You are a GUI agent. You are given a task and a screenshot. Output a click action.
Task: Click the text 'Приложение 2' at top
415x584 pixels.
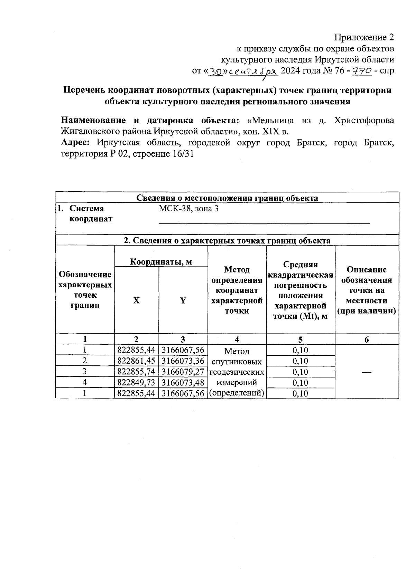click(x=364, y=37)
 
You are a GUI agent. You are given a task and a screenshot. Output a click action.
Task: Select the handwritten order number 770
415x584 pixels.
click(x=361, y=71)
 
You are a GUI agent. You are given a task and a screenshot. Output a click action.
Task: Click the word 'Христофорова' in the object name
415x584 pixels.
click(x=364, y=121)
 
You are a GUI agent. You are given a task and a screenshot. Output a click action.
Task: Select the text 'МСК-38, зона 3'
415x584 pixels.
click(x=188, y=209)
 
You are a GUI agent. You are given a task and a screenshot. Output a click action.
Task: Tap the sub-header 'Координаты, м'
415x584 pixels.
click(x=161, y=262)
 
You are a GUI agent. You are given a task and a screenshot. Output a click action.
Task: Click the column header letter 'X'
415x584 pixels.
click(x=137, y=300)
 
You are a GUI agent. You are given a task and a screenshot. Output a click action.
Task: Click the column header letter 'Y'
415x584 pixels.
click(x=183, y=300)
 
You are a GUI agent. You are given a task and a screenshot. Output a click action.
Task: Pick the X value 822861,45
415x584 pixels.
click(x=136, y=361)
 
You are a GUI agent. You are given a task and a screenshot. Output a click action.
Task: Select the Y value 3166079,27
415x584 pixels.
click(x=183, y=372)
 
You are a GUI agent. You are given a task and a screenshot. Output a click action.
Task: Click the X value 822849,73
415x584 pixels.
click(x=136, y=383)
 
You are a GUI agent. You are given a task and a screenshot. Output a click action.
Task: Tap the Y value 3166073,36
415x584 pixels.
click(x=183, y=361)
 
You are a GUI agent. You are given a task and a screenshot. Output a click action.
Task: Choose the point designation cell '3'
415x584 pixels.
click(x=85, y=372)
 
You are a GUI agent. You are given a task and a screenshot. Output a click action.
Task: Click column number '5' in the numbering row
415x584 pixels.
click(x=300, y=339)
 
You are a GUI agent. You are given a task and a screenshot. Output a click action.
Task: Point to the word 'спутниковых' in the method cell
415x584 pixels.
click(x=237, y=362)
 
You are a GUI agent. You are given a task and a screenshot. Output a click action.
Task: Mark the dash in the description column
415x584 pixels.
click(x=367, y=372)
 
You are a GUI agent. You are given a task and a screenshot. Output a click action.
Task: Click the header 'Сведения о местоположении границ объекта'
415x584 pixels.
click(x=227, y=198)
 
